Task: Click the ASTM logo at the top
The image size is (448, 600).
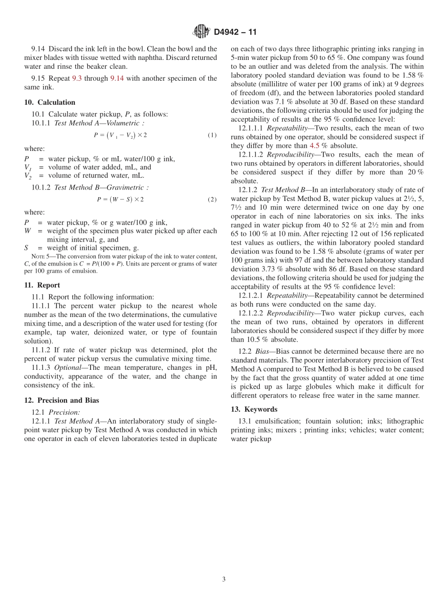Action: point(201,32)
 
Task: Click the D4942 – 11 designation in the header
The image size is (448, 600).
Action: point(235,32)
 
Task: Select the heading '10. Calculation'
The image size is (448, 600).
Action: point(50,102)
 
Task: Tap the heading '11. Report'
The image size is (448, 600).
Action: point(42,285)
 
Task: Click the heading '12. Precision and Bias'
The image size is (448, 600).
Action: point(61,400)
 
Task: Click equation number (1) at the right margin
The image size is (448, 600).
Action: point(212,135)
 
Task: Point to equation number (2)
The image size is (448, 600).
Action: point(212,200)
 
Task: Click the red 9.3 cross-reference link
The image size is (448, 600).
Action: point(77,78)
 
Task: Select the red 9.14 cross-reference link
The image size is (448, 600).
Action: point(117,78)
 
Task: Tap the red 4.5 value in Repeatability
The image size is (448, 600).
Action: point(315,146)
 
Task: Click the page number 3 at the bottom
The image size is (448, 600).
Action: point(224,580)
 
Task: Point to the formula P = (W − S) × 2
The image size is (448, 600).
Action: point(120,200)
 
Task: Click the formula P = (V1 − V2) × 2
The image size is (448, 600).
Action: point(120,135)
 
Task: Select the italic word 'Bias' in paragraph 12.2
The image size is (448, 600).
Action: point(263,351)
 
